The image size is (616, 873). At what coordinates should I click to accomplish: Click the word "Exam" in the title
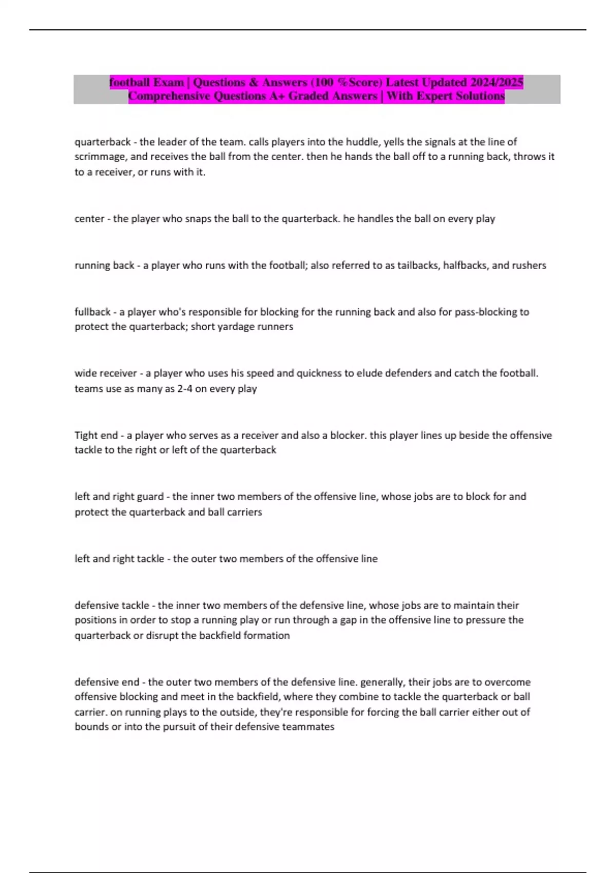[x=167, y=82]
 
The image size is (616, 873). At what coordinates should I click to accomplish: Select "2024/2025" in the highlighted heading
[x=497, y=82]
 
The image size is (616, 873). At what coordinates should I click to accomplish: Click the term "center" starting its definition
[x=89, y=219]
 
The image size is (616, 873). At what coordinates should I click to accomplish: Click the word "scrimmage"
[x=100, y=157]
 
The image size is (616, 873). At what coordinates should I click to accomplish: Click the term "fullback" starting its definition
[x=92, y=312]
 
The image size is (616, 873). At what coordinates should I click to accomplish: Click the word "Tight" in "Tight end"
[x=86, y=435]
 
